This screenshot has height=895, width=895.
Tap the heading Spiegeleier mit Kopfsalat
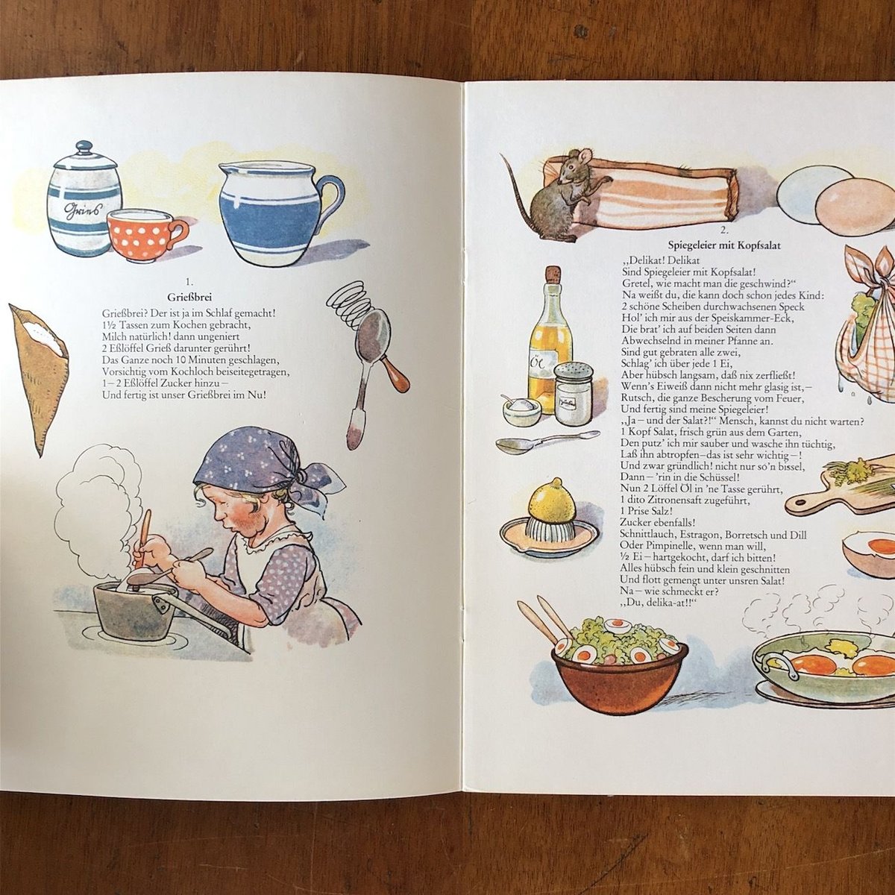point(724,245)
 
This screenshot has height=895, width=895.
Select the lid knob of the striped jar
point(84,147)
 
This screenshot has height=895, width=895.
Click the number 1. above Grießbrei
point(189,282)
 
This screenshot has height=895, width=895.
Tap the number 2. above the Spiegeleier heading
point(723,230)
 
